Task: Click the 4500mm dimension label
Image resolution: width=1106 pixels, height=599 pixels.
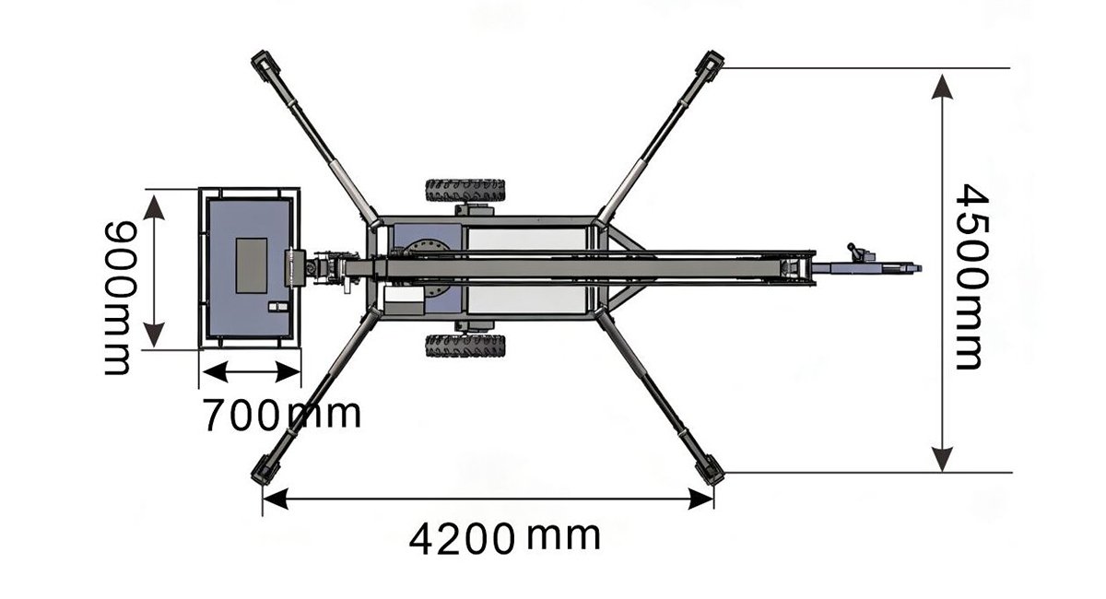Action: pyautogui.click(x=972, y=276)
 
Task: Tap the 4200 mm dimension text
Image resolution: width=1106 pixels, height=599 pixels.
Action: pyautogui.click(x=505, y=538)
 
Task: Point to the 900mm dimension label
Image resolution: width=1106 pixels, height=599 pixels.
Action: pyautogui.click(x=119, y=298)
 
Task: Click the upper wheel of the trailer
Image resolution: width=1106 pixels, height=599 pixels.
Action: pyautogui.click(x=465, y=191)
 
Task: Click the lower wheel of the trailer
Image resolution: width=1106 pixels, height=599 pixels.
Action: pyautogui.click(x=465, y=346)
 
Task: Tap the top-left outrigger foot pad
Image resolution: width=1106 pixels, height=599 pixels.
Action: pyautogui.click(x=266, y=65)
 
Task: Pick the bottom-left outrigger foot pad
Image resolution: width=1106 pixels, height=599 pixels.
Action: pyautogui.click(x=265, y=469)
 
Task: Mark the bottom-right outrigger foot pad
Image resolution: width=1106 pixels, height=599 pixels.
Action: pyautogui.click(x=710, y=470)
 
